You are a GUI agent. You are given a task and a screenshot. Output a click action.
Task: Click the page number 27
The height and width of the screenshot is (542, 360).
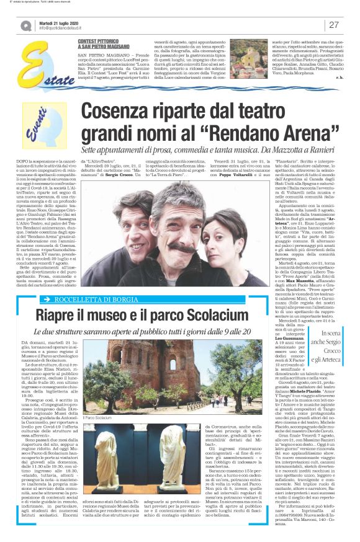point(333,25)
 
